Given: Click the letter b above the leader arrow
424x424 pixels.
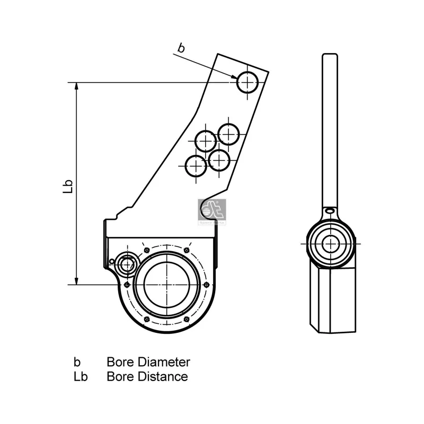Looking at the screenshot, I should pyautogui.click(x=181, y=48).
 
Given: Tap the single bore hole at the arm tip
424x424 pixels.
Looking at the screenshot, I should pyautogui.click(x=248, y=82).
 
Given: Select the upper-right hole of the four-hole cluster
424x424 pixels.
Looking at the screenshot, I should pyautogui.click(x=228, y=134).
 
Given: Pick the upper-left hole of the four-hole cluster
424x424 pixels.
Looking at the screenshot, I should pyautogui.click(x=206, y=141).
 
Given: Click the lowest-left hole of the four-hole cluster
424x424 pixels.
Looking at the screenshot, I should pyautogui.click(x=196, y=166).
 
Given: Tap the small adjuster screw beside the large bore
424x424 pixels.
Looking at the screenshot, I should pyautogui.click(x=127, y=263).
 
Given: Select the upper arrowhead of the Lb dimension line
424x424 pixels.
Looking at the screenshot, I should pyautogui.click(x=77, y=87).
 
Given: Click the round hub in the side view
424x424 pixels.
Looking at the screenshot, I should pyautogui.click(x=331, y=244).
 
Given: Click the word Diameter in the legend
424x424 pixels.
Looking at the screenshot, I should pyautogui.click(x=164, y=363).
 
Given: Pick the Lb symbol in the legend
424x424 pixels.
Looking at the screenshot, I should pyautogui.click(x=81, y=377).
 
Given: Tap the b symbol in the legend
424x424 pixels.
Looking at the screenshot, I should pyautogui.click(x=77, y=363).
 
